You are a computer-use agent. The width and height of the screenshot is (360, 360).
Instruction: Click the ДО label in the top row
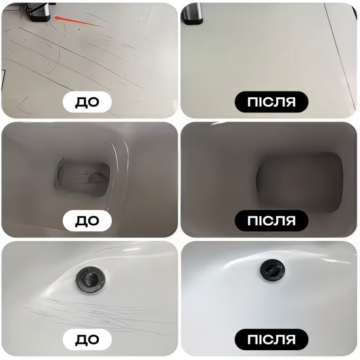point(87,102)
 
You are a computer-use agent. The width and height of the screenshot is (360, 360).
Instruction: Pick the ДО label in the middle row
point(87,221)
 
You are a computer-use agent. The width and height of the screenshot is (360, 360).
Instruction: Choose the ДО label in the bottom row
point(87,339)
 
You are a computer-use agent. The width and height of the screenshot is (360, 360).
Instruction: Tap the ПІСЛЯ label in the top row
point(272,102)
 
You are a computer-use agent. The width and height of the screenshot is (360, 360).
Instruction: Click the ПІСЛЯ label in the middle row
point(272,221)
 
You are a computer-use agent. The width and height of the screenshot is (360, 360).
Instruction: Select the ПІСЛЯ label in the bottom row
point(272,339)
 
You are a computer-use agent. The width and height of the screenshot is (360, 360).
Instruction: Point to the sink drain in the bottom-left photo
point(91,279)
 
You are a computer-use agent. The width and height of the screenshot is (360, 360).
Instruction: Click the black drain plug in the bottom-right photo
point(273,269)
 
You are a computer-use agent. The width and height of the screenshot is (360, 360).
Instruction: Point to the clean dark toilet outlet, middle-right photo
point(300,182)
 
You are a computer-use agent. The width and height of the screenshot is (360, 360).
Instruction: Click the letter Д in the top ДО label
point(81,102)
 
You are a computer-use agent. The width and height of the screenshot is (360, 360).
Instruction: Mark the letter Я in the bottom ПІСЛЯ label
point(290,339)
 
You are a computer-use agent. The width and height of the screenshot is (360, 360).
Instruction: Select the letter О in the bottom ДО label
point(93,339)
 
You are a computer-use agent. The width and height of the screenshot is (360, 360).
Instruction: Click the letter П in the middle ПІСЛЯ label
point(252,221)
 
